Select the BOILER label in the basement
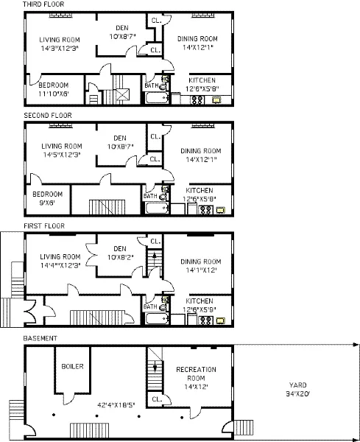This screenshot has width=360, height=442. point(72,366)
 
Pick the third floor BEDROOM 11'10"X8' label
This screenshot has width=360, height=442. point(53,89)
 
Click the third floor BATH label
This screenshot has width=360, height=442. point(151,86)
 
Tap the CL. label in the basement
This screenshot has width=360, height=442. point(156,399)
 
